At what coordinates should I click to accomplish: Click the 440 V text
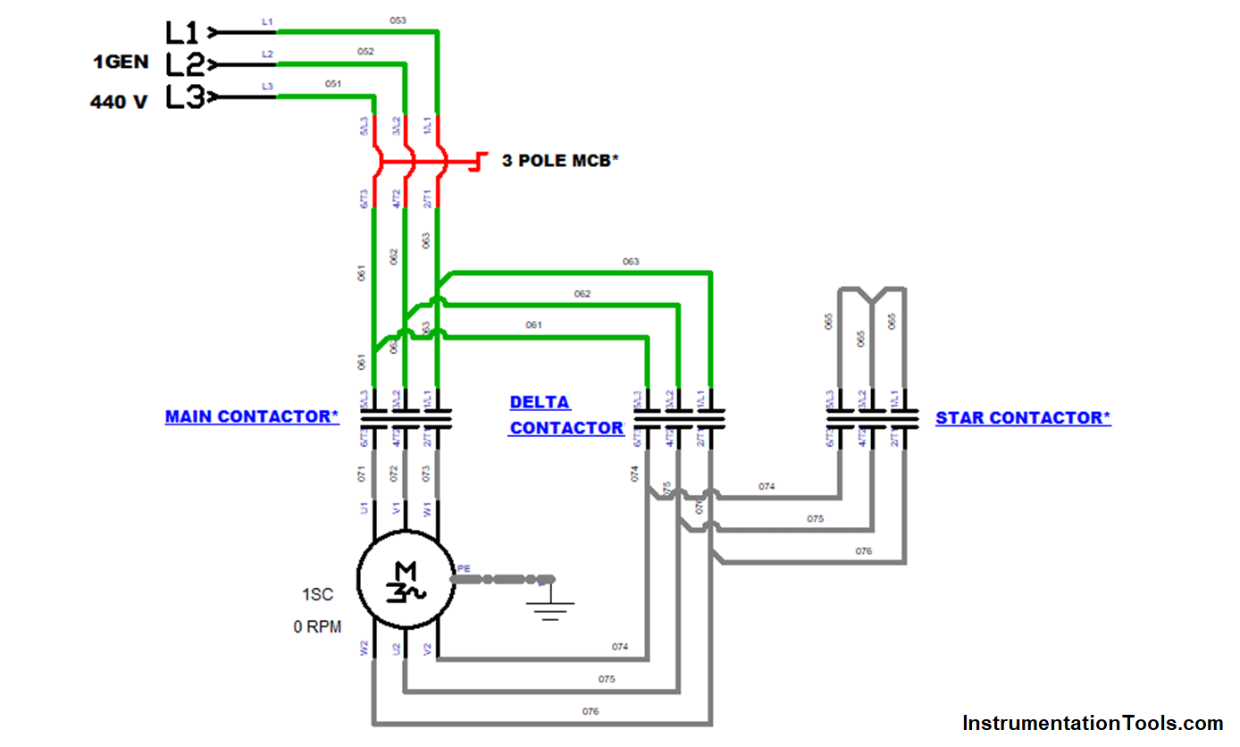tap(119, 102)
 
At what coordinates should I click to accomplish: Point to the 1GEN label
tap(121, 63)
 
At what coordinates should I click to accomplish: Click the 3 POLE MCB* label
tap(559, 161)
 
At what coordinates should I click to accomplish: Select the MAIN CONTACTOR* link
tap(252, 416)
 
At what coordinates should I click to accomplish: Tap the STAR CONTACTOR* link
tap(1023, 417)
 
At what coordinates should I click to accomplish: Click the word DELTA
tap(540, 402)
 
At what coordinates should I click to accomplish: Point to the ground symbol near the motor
tap(549, 603)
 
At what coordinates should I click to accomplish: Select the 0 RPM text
tap(317, 627)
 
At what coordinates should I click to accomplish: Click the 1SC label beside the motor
tap(317, 595)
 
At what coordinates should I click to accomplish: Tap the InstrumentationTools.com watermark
tap(1093, 723)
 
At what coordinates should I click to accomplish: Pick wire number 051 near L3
tap(333, 83)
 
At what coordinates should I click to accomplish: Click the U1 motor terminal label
tap(364, 508)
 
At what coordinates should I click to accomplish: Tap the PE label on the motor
tap(463, 567)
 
